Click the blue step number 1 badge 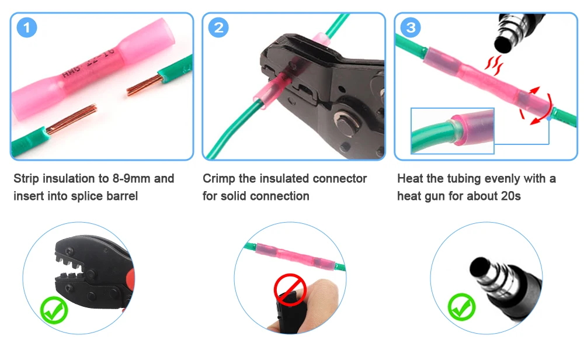pos(27,27)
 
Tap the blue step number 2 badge pos(218,27)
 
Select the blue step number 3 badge pos(411,27)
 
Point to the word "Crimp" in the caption pos(219,179)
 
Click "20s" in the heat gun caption pos(511,196)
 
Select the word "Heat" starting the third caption pos(410,178)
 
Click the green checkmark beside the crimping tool pos(54,310)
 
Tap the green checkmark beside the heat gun pos(461,307)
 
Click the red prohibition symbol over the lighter pos(290,290)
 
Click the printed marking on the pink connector pos(89,63)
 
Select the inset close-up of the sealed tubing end pos(453,131)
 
